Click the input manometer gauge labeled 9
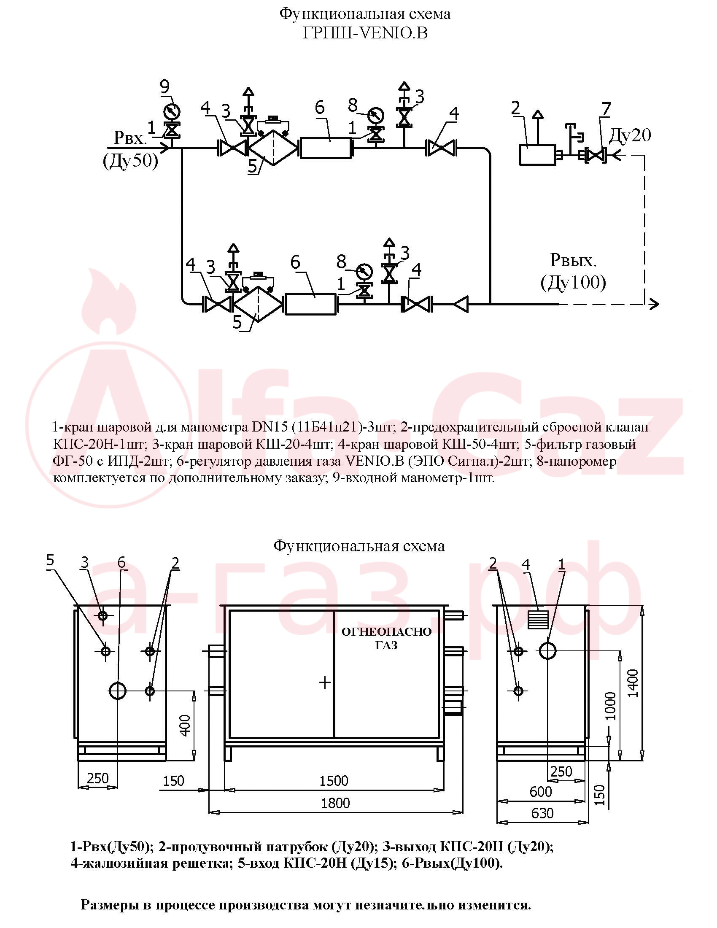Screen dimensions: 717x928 click(x=171, y=112)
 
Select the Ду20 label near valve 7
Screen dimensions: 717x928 click(x=630, y=135)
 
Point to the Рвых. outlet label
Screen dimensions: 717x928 click(x=573, y=260)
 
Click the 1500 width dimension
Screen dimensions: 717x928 click(x=334, y=780)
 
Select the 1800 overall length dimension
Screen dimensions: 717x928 click(x=336, y=803)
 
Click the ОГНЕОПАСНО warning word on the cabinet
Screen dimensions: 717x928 click(x=386, y=631)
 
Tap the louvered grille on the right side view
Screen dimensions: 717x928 click(x=538, y=620)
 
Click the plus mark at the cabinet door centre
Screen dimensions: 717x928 click(x=325, y=683)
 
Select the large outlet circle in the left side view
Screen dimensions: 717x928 click(x=118, y=691)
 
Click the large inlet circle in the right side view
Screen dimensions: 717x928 click(x=548, y=650)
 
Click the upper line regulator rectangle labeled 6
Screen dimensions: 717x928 click(x=326, y=148)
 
